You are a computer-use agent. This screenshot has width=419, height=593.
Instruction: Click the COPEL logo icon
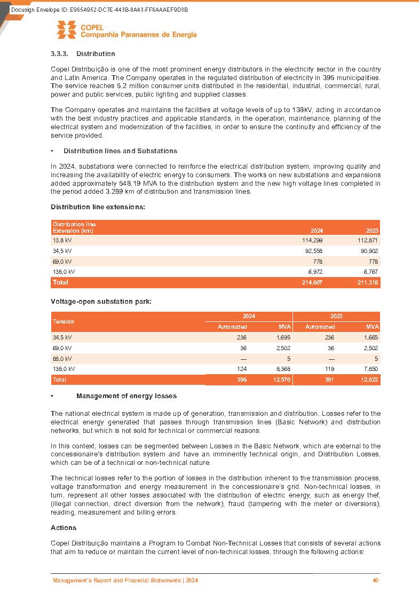tap(66, 30)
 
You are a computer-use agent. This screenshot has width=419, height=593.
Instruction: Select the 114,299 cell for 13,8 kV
tap(312, 241)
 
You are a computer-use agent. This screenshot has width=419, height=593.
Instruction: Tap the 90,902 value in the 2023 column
tap(368, 251)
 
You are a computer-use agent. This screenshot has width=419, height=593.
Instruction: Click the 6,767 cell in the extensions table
tap(369, 272)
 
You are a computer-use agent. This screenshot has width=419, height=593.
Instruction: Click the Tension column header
tap(63, 321)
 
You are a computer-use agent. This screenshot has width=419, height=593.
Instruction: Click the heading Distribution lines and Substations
tap(120, 151)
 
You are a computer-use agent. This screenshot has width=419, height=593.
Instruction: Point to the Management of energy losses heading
tap(127, 396)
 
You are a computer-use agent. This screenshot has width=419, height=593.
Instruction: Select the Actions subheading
tap(64, 528)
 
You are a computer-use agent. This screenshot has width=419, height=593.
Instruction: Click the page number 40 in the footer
tap(375, 581)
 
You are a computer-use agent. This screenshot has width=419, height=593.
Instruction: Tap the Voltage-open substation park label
tap(101, 302)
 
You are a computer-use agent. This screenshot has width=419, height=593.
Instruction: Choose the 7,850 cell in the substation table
tap(369, 369)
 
